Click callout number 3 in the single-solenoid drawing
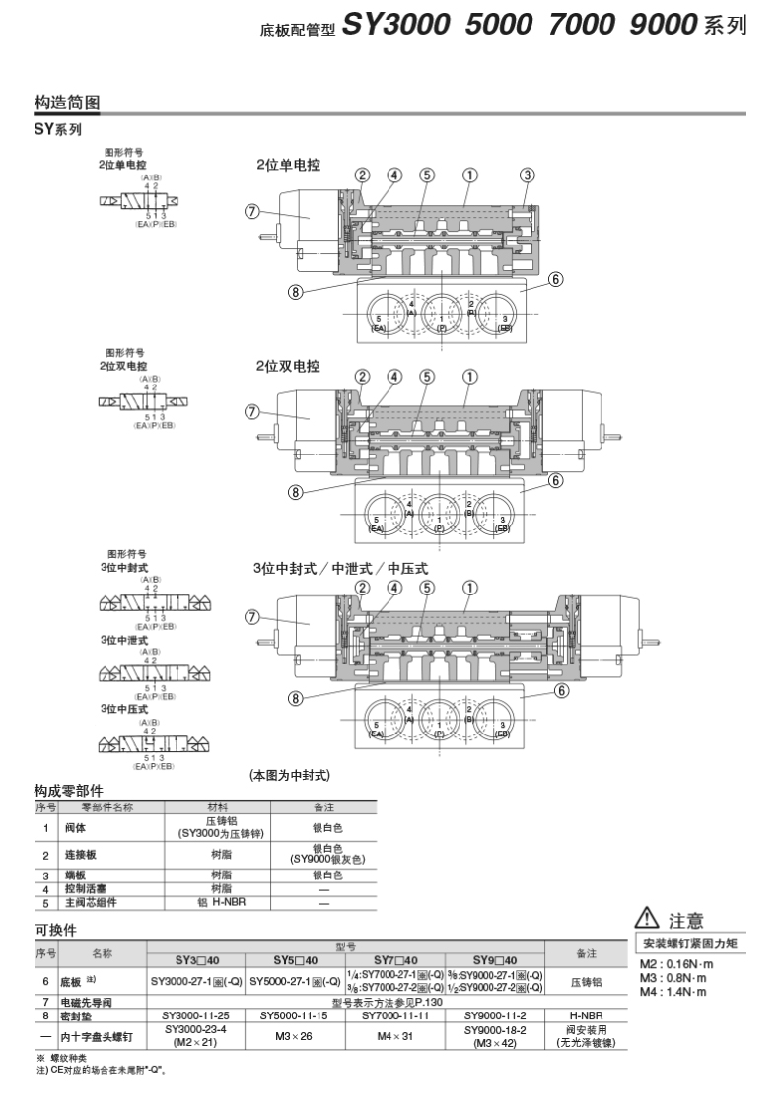528,175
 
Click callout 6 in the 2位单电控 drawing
556,279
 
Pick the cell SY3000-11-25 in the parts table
196,1014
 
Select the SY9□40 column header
495,960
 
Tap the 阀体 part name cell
74,827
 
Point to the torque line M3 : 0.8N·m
673,978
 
